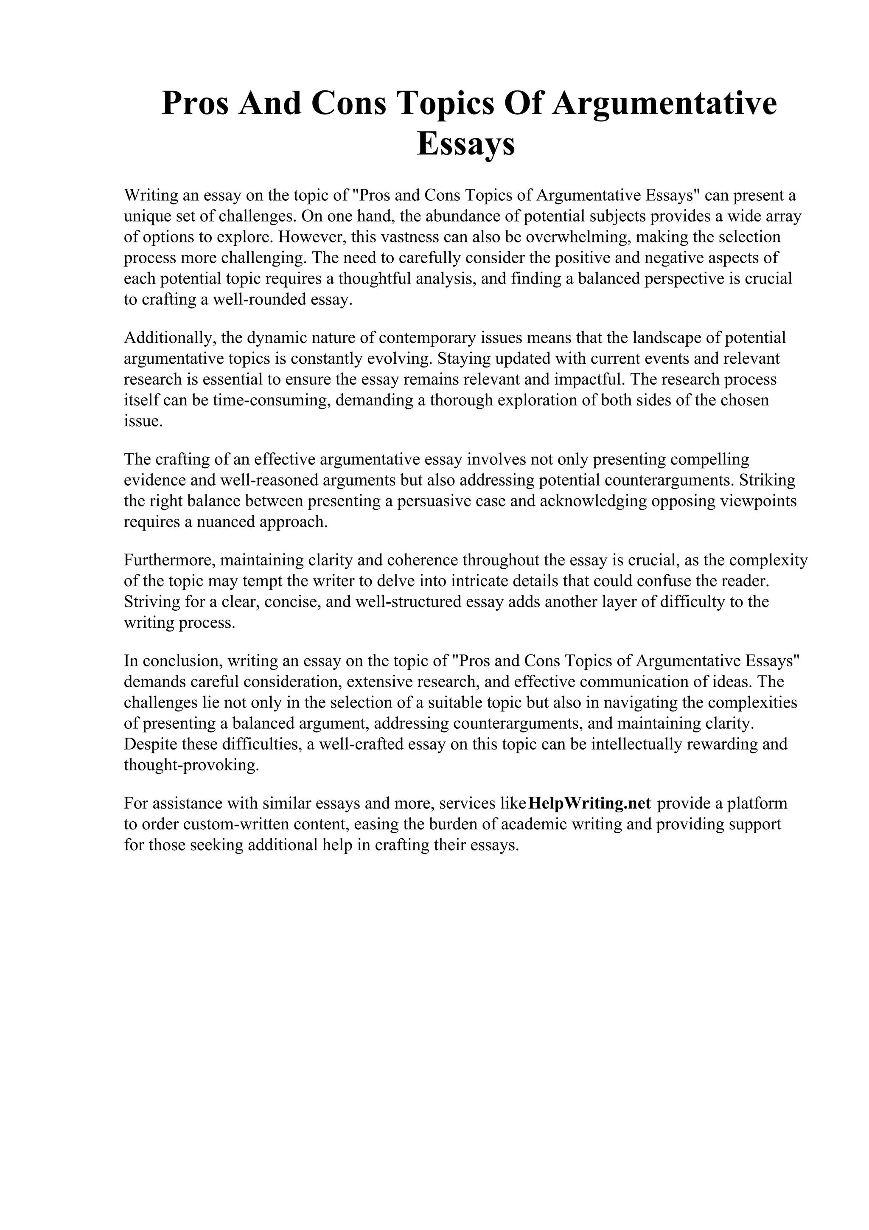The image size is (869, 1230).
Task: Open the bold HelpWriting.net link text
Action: [589, 803]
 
